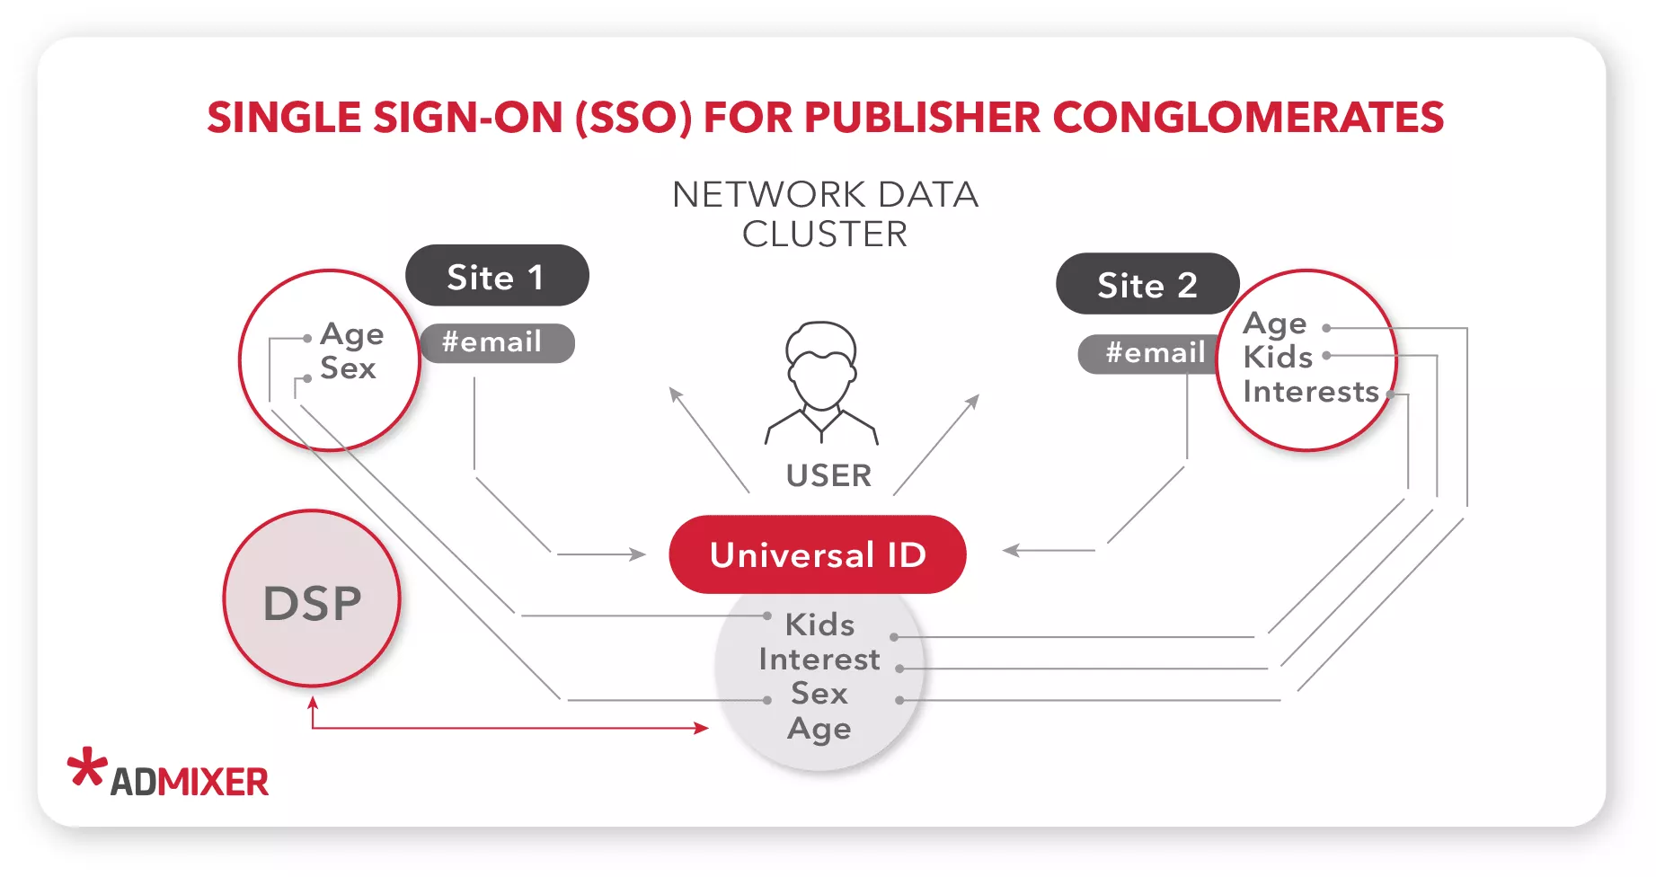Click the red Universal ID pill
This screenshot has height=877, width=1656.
(817, 554)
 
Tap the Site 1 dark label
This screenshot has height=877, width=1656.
(497, 276)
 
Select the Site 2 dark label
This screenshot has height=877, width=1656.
(1147, 284)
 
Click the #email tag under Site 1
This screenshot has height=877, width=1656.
(496, 342)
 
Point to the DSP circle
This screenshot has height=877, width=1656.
(312, 599)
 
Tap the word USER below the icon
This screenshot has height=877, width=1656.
(828, 475)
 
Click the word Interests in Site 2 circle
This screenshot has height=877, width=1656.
(1310, 392)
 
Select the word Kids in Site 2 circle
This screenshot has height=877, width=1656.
(1278, 357)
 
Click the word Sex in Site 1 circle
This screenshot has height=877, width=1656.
(348, 368)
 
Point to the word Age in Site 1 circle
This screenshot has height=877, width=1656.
(352, 334)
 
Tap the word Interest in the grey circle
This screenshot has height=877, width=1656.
(819, 659)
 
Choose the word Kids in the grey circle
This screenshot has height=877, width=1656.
(819, 624)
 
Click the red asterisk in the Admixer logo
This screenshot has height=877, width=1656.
(87, 768)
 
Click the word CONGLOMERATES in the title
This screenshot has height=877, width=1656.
(1247, 118)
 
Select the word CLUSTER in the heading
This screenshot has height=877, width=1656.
(824, 234)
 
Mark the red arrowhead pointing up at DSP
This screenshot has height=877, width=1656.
(313, 703)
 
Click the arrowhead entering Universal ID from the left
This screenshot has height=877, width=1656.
(638, 554)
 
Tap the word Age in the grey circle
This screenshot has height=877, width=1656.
(819, 729)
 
